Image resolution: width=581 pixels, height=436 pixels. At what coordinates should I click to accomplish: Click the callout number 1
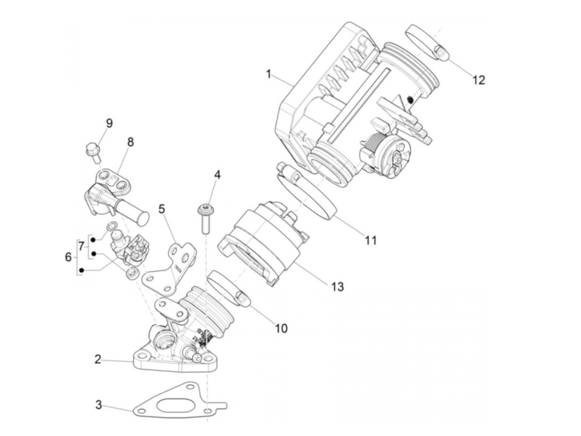pyautogui.click(x=269, y=75)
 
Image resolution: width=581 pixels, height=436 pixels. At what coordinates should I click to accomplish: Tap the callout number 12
pyautogui.click(x=478, y=80)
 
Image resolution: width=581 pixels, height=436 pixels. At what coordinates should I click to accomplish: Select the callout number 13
pyautogui.click(x=338, y=286)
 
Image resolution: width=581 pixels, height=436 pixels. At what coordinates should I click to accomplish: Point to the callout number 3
pyautogui.click(x=98, y=405)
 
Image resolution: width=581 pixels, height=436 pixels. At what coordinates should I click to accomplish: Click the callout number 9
pyautogui.click(x=109, y=123)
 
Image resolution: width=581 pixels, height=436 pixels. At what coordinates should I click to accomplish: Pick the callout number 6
pyautogui.click(x=68, y=257)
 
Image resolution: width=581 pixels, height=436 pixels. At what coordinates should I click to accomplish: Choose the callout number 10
pyautogui.click(x=281, y=328)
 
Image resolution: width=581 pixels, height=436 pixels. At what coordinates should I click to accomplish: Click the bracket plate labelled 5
pyautogui.click(x=172, y=265)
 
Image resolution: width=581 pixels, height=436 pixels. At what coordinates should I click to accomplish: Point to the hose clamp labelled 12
pyautogui.click(x=425, y=41)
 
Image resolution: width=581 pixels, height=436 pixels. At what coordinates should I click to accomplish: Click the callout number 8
pyautogui.click(x=130, y=142)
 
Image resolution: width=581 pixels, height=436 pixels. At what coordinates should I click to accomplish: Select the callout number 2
pyautogui.click(x=98, y=359)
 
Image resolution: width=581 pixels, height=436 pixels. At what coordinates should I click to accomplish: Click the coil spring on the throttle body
pyautogui.click(x=372, y=149)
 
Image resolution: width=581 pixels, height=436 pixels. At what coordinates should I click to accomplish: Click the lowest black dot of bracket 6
pyautogui.click(x=82, y=271)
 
